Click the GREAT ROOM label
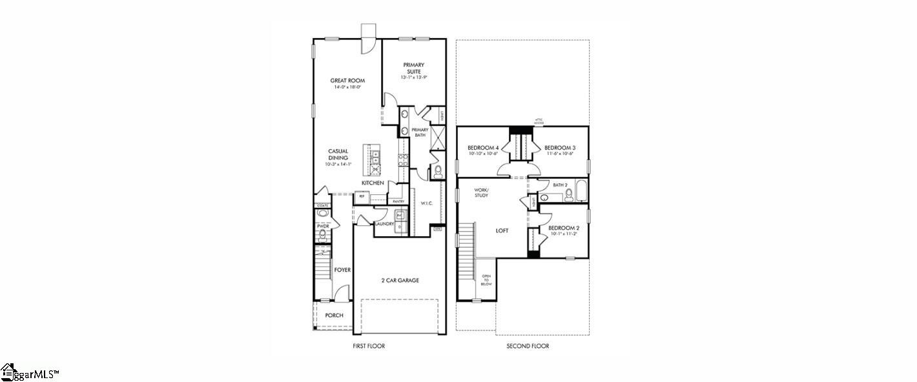click(x=347, y=81)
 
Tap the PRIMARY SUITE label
click(x=413, y=68)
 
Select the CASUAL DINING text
click(x=337, y=154)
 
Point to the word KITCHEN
click(x=373, y=183)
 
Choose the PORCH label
click(x=334, y=316)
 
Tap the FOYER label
click(x=342, y=270)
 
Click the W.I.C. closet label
click(x=426, y=204)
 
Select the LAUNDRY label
click(x=384, y=224)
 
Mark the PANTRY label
click(x=398, y=201)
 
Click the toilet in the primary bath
click(x=437, y=171)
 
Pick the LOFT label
click(x=502, y=230)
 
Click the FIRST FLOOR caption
click(x=369, y=347)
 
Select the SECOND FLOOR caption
click(x=528, y=347)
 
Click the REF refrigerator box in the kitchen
click(x=362, y=197)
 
